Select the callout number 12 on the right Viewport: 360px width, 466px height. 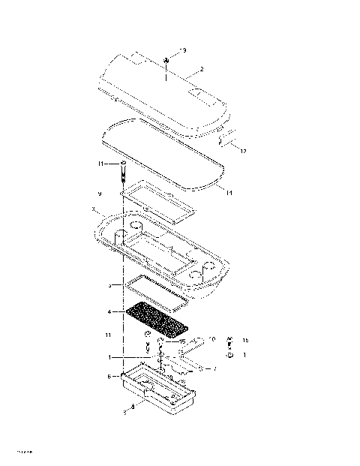pyautogui.click(x=243, y=151)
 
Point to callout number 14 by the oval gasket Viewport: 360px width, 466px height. pyautogui.click(x=229, y=193)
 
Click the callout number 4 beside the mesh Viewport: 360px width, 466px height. pyautogui.click(x=109, y=311)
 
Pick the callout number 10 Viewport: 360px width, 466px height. pyautogui.click(x=213, y=339)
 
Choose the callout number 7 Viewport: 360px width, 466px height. pyautogui.click(x=215, y=368)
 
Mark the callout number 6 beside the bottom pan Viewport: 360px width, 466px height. pyautogui.click(x=109, y=376)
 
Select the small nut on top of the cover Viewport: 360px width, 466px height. pyautogui.click(x=166, y=61)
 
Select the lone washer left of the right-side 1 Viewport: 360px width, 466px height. pyautogui.click(x=229, y=355)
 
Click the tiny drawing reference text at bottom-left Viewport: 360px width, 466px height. pyautogui.click(x=22, y=451)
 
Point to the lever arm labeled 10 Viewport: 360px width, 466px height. pyautogui.click(x=196, y=345)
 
